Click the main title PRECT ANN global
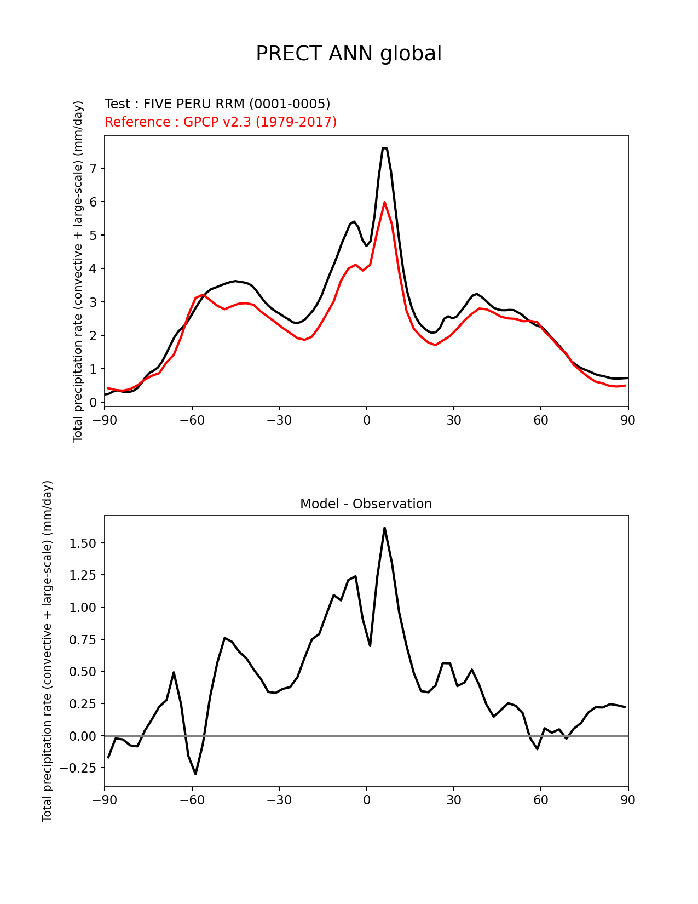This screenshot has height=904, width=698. pos(349,54)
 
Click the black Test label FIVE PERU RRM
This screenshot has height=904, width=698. pos(217,104)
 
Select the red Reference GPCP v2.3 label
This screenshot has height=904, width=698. pos(221,122)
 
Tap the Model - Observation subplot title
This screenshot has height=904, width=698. pos(366,504)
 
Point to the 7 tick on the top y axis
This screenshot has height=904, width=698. pos(93,169)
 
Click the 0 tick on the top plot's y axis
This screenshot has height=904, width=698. pos(93,403)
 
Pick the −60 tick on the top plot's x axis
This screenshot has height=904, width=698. pos(192,420)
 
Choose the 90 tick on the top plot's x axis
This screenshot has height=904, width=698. pos(628,420)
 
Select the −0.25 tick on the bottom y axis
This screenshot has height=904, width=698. pos(80,768)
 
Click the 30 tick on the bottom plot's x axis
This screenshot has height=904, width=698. pos(453,800)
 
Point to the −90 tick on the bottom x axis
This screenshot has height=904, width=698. pos(105,800)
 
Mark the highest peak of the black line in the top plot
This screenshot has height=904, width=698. pos(384,148)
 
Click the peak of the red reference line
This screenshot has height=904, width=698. pos(385,202)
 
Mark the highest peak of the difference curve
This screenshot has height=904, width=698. pos(385,528)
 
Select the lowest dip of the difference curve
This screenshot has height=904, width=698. pos(195,774)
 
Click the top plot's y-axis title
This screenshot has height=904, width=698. pos(78,271)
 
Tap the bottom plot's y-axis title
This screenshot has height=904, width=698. pos(48,651)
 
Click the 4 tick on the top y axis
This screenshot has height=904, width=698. pos(93,269)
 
